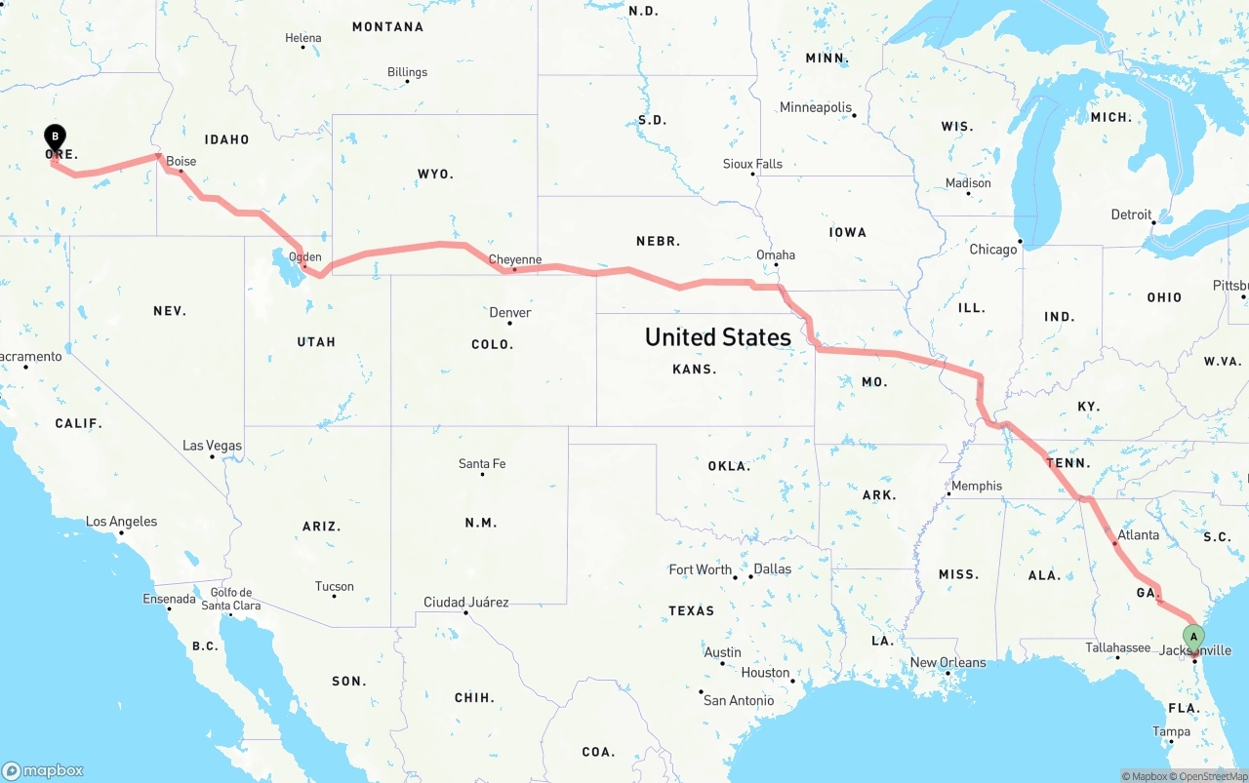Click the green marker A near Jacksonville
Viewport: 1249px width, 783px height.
(1193, 638)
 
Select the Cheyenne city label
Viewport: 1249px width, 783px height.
(514, 259)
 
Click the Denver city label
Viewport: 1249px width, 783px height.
(510, 313)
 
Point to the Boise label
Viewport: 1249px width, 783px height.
(181, 162)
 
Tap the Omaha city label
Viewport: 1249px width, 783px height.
(776, 255)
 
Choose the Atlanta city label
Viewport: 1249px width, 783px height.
(1139, 535)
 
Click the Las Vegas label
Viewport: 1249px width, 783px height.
(213, 446)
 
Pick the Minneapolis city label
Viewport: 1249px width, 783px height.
(816, 107)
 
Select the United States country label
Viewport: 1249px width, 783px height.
(718, 337)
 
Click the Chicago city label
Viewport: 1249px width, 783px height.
(993, 250)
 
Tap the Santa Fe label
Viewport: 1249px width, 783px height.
(482, 464)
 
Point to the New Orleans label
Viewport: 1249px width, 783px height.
(947, 663)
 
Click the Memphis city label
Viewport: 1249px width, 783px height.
(977, 486)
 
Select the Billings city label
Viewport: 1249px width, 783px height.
(407, 72)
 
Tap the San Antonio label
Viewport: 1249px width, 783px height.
(739, 700)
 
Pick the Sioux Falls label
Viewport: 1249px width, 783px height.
(752, 164)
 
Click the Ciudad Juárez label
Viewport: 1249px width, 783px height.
(465, 603)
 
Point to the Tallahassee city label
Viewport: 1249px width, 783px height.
(1118, 647)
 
